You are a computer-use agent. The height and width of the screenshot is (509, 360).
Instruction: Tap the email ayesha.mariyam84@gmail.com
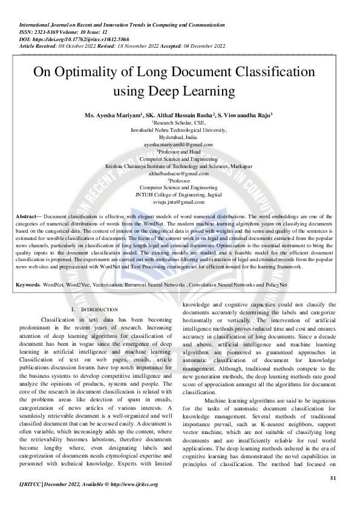178,145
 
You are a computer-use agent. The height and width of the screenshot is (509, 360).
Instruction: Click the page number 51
333,479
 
